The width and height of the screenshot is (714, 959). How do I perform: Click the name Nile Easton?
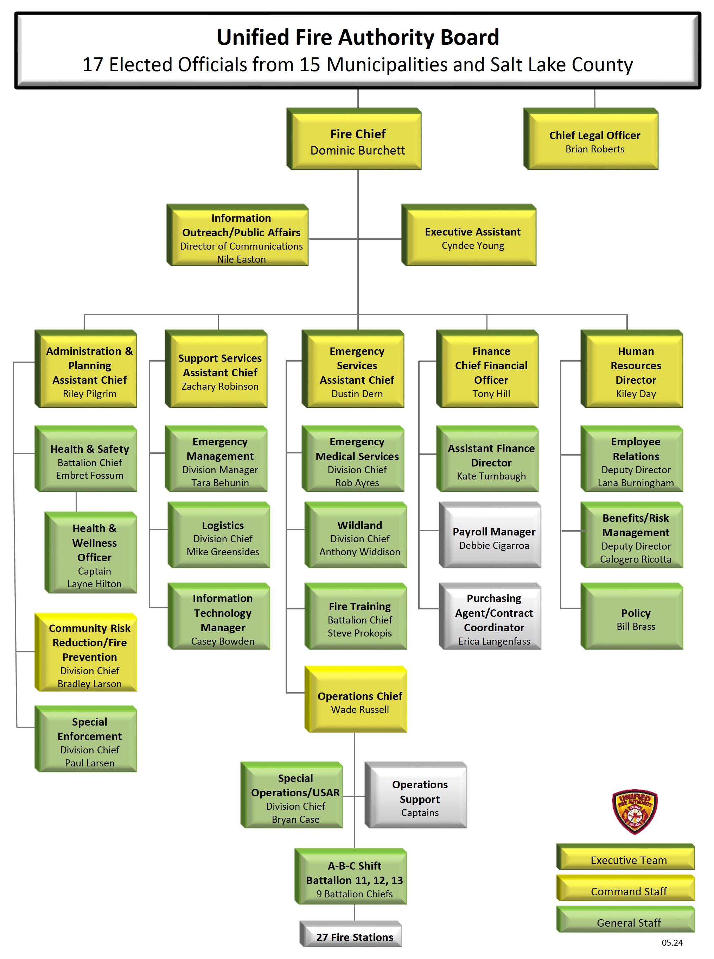tap(241, 259)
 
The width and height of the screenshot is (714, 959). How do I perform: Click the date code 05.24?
tap(672, 942)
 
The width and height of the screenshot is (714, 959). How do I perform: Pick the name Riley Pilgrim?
tap(89, 394)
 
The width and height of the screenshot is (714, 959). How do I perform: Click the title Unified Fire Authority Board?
tap(357, 37)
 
